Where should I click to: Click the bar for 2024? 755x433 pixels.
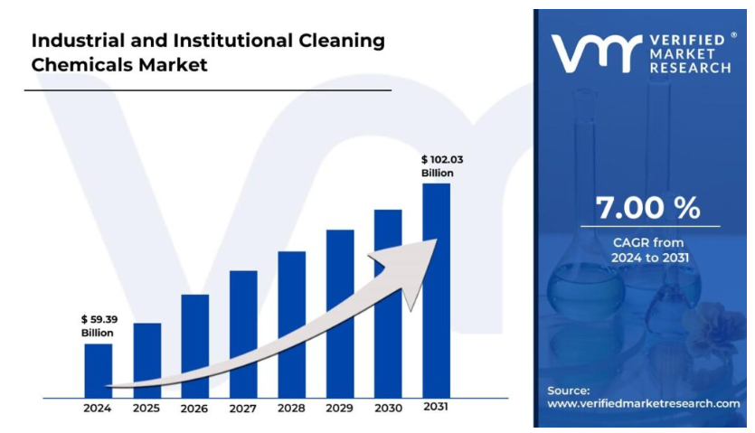pos(99,370)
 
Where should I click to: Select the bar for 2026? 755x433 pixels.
pos(194,345)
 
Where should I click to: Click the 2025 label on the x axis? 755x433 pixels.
pos(146,409)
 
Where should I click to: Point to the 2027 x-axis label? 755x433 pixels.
pos(242,409)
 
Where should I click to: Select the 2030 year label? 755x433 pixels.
pos(388,409)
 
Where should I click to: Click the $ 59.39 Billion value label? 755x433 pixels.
pos(98,325)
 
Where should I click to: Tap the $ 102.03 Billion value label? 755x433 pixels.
pos(442,165)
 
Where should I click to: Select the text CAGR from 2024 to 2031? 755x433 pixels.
pos(648,250)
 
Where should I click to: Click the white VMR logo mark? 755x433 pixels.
pos(598,55)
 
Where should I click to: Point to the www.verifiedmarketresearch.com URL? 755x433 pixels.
pos(644,403)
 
